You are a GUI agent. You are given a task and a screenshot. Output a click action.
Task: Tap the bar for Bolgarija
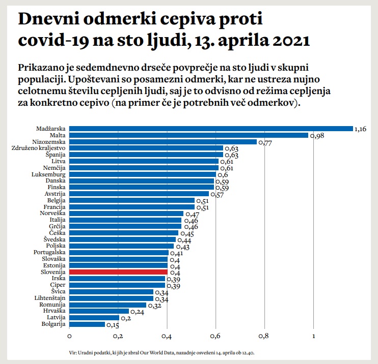[x=87, y=324]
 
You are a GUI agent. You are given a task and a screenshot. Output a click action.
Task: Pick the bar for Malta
[x=188, y=135]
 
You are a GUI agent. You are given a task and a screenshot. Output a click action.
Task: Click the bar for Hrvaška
[x=99, y=311]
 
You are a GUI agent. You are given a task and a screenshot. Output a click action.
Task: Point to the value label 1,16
[x=361, y=129]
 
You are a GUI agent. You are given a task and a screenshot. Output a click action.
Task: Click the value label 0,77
[x=266, y=143]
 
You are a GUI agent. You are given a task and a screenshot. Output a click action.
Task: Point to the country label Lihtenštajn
[x=50, y=298]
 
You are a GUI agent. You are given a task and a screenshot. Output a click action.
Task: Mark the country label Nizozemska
[x=50, y=142]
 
